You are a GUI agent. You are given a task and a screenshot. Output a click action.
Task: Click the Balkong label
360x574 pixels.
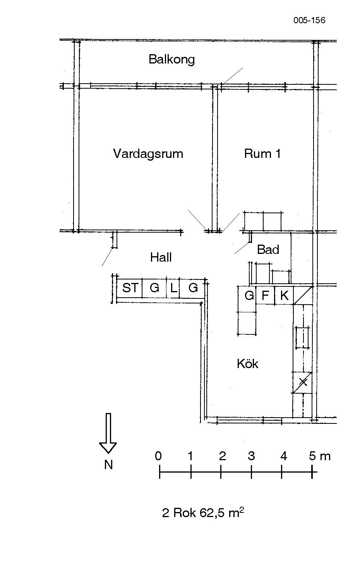[x=171, y=60]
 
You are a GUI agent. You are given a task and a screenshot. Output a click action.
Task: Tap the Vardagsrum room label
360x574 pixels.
[x=148, y=154]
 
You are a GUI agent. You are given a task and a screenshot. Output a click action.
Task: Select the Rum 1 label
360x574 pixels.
[x=262, y=154]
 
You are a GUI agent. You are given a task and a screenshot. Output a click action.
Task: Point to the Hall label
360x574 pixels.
[x=161, y=257]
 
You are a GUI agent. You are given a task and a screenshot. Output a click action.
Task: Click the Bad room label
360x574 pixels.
[x=268, y=250]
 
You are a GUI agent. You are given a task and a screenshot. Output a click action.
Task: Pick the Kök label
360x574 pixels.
[x=247, y=363]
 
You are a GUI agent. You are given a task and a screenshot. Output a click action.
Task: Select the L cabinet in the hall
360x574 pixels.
[x=173, y=288]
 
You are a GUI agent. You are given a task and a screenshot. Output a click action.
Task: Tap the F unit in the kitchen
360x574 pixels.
[x=265, y=295]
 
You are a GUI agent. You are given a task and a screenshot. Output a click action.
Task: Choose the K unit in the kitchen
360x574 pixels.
[x=284, y=295]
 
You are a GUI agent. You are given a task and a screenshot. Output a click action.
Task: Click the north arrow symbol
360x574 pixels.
[x=108, y=436]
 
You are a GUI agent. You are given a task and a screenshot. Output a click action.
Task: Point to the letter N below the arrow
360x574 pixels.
[x=109, y=464]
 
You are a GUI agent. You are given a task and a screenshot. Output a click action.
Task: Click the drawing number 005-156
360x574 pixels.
[x=309, y=20]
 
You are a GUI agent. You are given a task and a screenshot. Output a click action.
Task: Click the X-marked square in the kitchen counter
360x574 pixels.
[x=303, y=382]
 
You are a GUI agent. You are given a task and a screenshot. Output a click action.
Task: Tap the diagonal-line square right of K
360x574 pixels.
[x=303, y=295]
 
